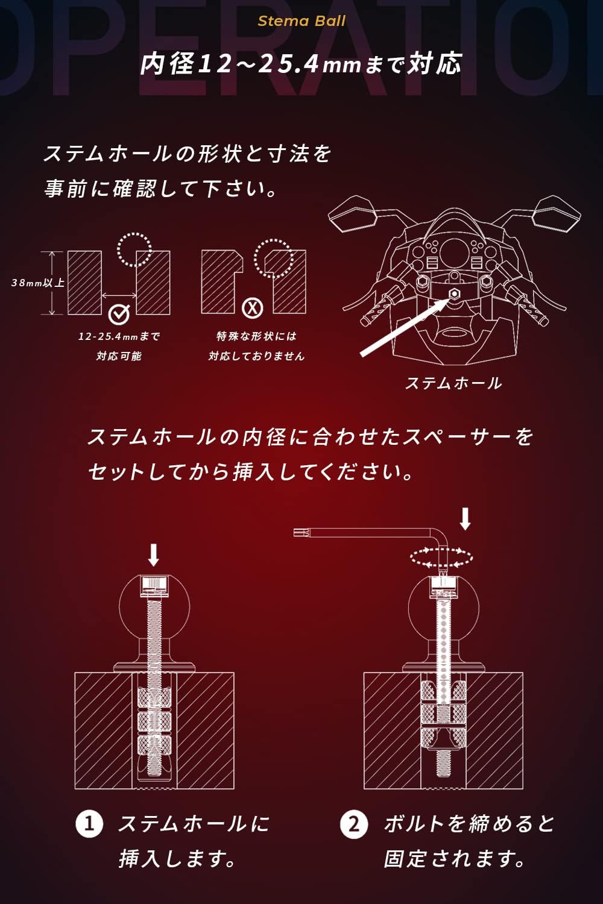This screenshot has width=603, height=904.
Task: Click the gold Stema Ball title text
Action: click(301, 21)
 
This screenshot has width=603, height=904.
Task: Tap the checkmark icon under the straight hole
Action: click(119, 313)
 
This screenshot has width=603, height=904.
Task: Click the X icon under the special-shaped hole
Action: click(253, 309)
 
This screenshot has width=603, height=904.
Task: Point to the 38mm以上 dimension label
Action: click(38, 283)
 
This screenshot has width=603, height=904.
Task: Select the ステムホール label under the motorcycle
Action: click(453, 383)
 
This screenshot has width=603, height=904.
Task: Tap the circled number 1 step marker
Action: click(89, 824)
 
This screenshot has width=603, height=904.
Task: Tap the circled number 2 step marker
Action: click(354, 824)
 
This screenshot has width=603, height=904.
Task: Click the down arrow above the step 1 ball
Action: click(154, 555)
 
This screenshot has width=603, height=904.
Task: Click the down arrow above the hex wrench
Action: click(466, 518)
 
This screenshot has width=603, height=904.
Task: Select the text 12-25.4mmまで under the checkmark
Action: click(119, 336)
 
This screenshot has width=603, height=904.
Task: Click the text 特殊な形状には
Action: click(256, 336)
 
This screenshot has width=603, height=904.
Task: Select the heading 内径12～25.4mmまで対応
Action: click(301, 64)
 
